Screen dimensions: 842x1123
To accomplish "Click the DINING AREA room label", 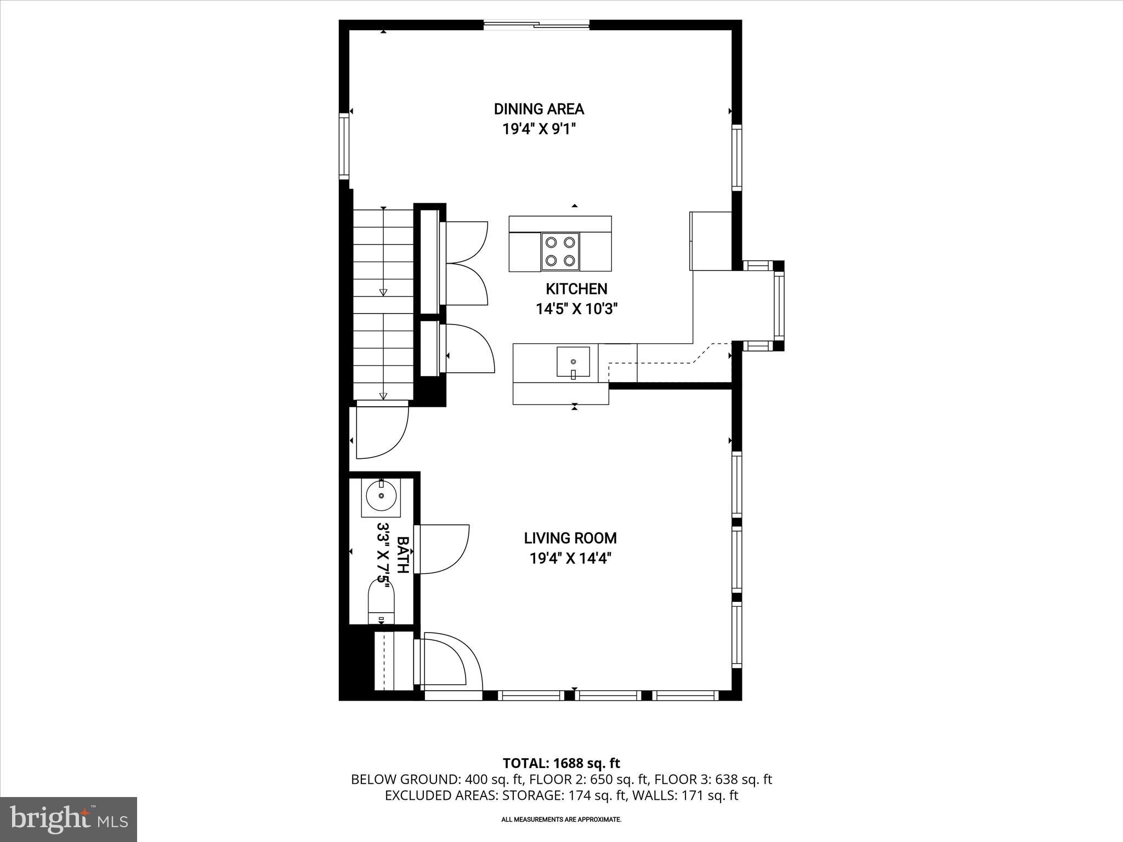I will pyautogui.click(x=539, y=109).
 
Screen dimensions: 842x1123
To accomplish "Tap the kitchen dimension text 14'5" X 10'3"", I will pyautogui.click(x=576, y=309).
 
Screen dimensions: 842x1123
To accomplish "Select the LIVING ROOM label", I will pyautogui.click(x=570, y=538).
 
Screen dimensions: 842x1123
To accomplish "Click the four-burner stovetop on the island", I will pyautogui.click(x=560, y=252).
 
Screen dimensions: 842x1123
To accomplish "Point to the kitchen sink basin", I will pyautogui.click(x=574, y=362).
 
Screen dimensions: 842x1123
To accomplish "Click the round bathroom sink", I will pyautogui.click(x=381, y=496).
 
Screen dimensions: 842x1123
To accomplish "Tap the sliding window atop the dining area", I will pyautogui.click(x=536, y=25).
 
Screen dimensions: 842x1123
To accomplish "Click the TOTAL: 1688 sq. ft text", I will pyautogui.click(x=561, y=763).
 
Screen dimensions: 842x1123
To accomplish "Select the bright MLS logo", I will pyautogui.click(x=69, y=820).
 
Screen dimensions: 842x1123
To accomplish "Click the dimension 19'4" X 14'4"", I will pyautogui.click(x=570, y=559).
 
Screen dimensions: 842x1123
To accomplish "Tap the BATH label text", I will pyautogui.click(x=402, y=555).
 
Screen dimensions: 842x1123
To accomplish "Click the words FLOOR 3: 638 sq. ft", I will pyautogui.click(x=713, y=779).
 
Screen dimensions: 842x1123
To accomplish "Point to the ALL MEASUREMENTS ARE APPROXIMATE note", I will pyautogui.click(x=561, y=820).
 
